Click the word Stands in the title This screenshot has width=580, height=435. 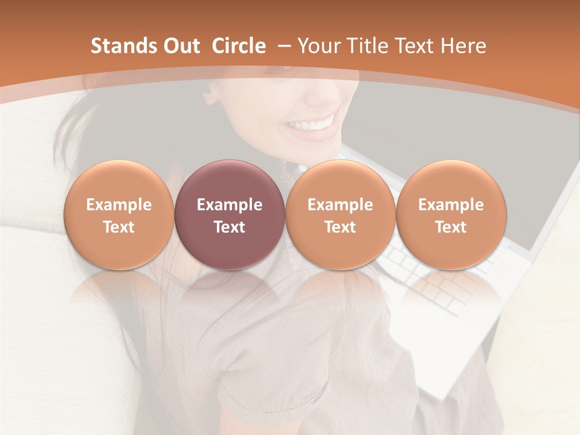point(122,46)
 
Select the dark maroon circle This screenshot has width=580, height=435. point(230,214)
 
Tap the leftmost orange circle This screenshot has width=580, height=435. point(118,214)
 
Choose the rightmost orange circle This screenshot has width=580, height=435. point(451,214)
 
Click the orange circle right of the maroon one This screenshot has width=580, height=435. point(340,214)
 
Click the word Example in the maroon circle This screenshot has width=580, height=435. point(230,205)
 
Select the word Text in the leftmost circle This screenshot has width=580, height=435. point(118,227)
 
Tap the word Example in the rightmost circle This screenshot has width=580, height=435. point(451,205)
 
